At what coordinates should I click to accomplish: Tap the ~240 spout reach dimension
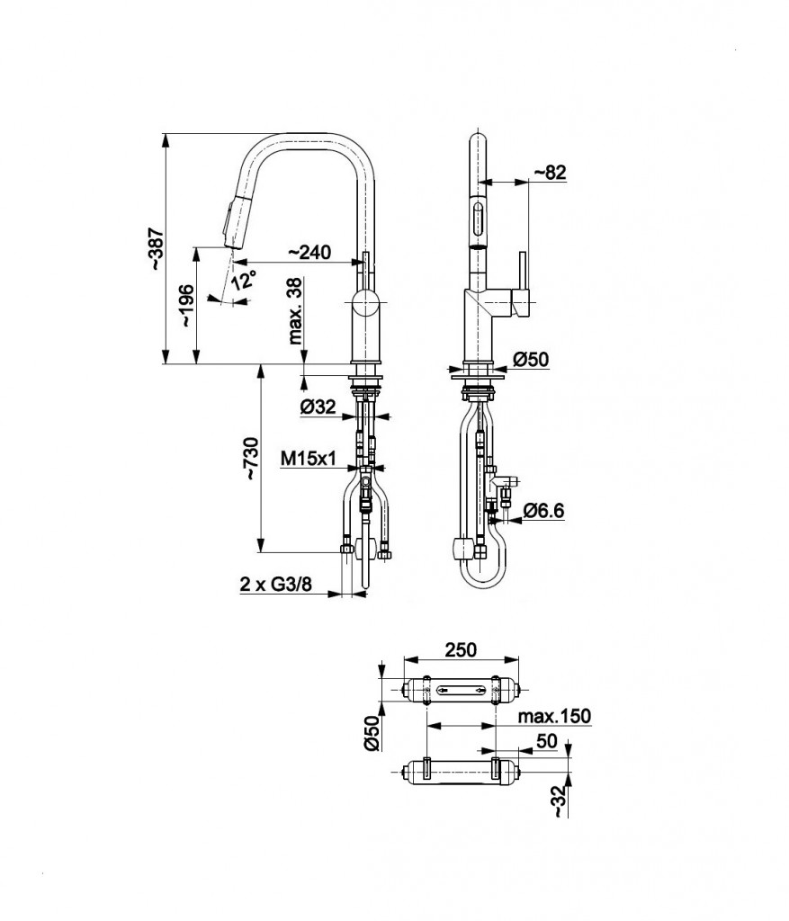[309, 252]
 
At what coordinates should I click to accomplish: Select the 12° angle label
[244, 280]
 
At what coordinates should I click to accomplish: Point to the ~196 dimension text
[187, 306]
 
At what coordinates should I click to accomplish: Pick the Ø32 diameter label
[318, 406]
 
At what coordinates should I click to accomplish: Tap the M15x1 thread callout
[308, 458]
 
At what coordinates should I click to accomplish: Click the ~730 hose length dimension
[251, 458]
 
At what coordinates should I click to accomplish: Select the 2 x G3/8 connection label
[276, 584]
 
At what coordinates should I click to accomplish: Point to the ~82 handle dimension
[550, 172]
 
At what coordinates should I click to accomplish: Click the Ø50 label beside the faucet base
[531, 359]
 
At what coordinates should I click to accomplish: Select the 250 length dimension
[462, 649]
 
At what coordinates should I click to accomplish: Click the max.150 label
[554, 716]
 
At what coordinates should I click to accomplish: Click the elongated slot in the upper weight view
[462, 689]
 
